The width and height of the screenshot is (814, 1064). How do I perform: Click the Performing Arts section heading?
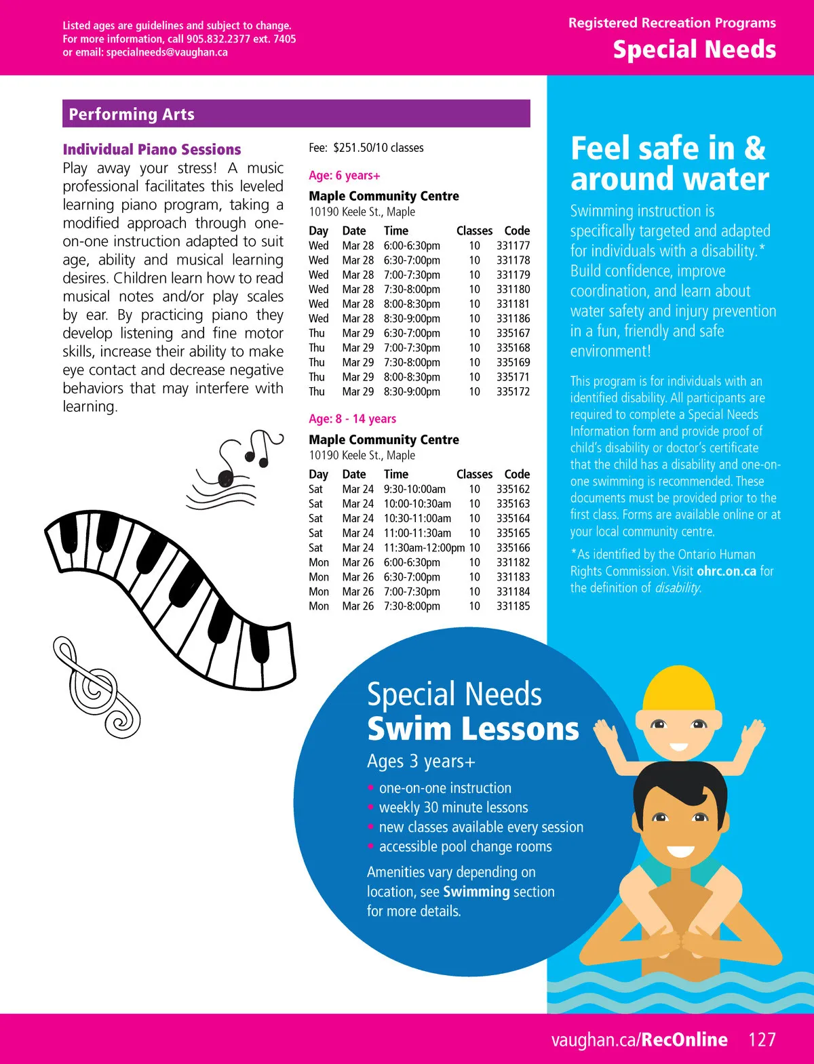coord(132,115)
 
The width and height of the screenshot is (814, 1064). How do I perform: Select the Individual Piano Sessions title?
coord(152,149)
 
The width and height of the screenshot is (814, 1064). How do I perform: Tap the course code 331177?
coord(513,245)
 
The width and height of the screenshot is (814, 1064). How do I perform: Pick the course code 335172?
coord(513,391)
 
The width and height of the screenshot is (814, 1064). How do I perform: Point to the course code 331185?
coord(513,606)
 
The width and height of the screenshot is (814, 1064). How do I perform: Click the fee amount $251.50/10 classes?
coord(378,147)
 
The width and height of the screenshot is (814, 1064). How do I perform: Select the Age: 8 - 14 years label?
coord(352,418)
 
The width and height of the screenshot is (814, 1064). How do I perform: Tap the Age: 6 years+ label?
coord(344,175)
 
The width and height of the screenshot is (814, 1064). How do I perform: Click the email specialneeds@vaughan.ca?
coord(167,52)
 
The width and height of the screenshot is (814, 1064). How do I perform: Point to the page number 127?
coord(762,1040)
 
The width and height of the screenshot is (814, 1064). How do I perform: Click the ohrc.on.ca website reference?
coord(726,571)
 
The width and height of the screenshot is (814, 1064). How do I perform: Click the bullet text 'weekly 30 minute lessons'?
coord(453,807)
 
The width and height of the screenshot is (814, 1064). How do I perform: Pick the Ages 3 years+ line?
coord(421,762)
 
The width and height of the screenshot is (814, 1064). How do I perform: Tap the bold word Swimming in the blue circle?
coord(476,891)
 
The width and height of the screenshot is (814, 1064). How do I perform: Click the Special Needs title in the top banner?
coord(694,50)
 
